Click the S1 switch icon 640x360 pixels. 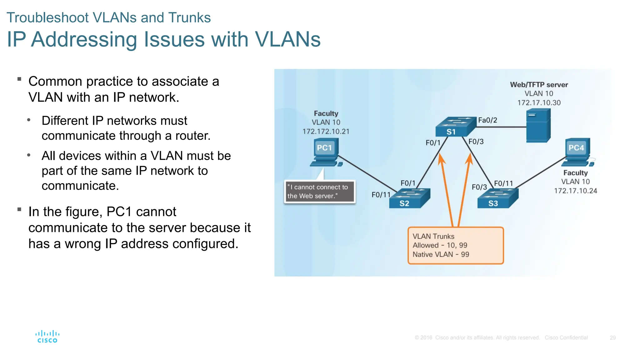[455, 127]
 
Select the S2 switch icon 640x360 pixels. [409, 198]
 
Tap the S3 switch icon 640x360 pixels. [497, 198]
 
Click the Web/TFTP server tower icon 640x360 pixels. [538, 125]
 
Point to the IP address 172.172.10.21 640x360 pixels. [326, 132]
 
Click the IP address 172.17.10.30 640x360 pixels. [539, 103]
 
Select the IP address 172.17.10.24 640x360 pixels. [575, 191]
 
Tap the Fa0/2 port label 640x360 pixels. [487, 120]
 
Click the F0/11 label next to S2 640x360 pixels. [381, 195]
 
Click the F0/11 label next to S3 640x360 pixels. [503, 183]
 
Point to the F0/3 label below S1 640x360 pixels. [476, 142]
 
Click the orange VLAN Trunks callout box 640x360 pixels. [455, 246]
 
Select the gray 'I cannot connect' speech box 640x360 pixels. [319, 192]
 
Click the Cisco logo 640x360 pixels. [47, 337]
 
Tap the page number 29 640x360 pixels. [612, 338]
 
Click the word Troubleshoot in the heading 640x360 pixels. [47, 18]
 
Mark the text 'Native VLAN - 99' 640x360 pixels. [441, 255]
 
